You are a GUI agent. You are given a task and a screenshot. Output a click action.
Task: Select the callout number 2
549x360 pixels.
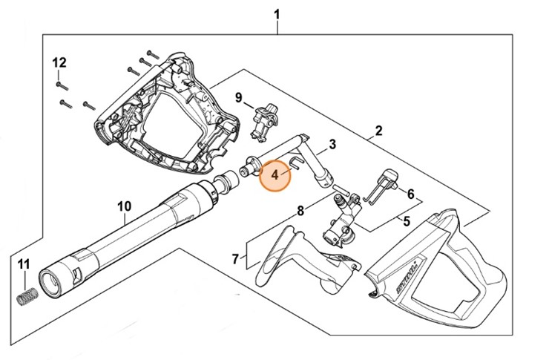[x=378, y=131]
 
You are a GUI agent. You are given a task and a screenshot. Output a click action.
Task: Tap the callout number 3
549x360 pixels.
[x=332, y=144]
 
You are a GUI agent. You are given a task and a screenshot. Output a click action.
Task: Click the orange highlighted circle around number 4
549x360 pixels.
[x=275, y=175]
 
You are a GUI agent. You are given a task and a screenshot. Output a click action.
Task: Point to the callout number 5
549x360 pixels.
[x=406, y=220]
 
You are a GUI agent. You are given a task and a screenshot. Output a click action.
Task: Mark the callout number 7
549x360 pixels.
[x=235, y=259]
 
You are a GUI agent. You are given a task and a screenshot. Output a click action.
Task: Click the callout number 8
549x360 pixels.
[x=300, y=211]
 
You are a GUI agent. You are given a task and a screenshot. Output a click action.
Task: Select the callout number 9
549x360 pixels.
[x=239, y=98]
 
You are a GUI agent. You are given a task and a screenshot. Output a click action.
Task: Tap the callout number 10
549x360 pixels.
[x=124, y=206]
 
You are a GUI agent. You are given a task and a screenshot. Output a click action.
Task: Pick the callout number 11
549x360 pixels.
[x=24, y=265]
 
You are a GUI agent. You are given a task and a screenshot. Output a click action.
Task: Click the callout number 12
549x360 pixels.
[x=59, y=62]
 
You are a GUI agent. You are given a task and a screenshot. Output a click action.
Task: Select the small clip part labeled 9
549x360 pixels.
[x=264, y=121]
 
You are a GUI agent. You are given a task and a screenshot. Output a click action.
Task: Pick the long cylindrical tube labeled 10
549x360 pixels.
[x=126, y=238]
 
